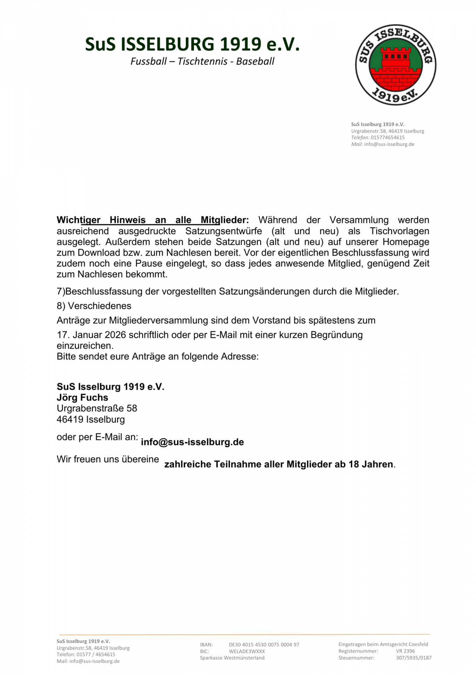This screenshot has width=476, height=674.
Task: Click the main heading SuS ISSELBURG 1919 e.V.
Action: click(x=192, y=45)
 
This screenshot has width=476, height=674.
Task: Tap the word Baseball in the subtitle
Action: click(x=255, y=61)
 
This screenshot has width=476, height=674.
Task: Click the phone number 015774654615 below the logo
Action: click(x=388, y=138)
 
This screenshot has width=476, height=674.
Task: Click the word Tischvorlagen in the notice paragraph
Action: click(x=400, y=231)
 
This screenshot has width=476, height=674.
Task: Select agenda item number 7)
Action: click(x=61, y=291)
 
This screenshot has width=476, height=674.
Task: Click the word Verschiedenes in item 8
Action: click(x=100, y=306)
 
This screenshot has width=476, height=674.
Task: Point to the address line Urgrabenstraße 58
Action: click(x=97, y=408)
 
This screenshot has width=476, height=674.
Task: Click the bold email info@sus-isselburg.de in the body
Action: click(x=192, y=442)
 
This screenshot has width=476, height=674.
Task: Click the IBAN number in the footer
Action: click(x=264, y=645)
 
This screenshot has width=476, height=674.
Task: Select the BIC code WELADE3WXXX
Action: click(x=247, y=651)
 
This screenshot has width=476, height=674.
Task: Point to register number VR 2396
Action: click(x=405, y=651)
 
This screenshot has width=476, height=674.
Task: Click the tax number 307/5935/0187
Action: click(x=414, y=658)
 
